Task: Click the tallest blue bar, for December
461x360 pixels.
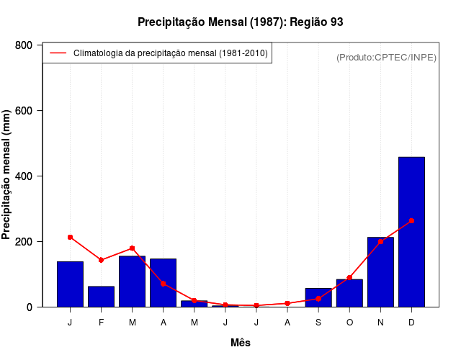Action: click(x=411, y=232)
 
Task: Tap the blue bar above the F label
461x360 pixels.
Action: click(x=102, y=297)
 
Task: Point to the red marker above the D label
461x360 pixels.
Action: click(x=411, y=220)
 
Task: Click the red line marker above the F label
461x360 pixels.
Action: click(x=102, y=260)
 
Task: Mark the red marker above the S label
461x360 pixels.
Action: click(x=318, y=299)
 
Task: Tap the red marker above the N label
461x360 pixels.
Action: click(x=380, y=241)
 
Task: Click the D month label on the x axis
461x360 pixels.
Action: click(x=411, y=323)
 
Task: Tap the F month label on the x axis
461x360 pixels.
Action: click(x=102, y=323)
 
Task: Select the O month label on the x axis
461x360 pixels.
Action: click(x=349, y=323)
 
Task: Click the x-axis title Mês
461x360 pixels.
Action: click(x=241, y=343)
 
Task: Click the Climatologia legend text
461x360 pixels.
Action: click(x=171, y=53)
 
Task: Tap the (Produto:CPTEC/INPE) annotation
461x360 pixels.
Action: click(x=386, y=57)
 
